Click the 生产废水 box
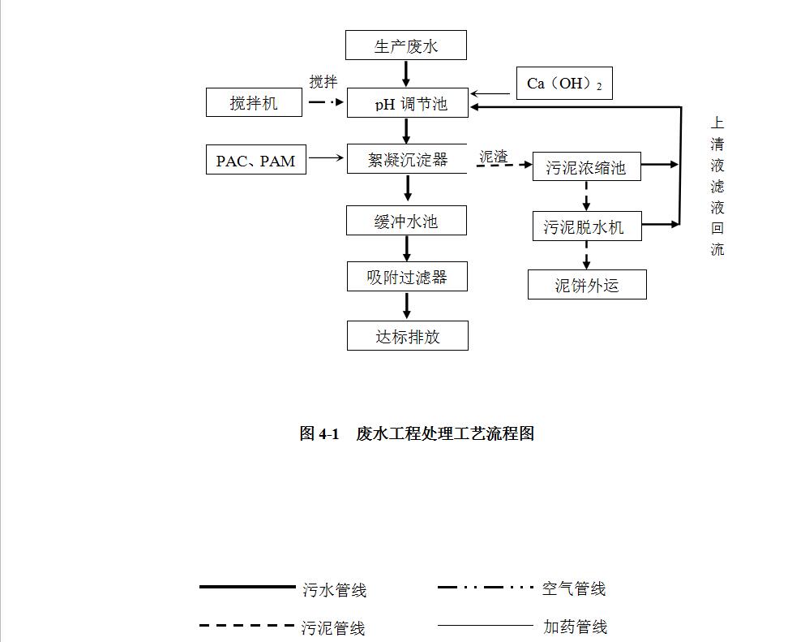click(x=405, y=45)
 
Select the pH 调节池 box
click(x=407, y=103)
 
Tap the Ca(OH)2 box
click(x=564, y=84)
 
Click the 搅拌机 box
click(x=254, y=102)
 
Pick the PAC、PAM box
click(x=255, y=160)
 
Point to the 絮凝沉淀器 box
click(x=407, y=159)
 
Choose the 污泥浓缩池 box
click(x=586, y=167)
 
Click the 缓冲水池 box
click(x=406, y=221)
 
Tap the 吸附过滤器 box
click(x=407, y=277)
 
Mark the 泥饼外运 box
click(x=587, y=285)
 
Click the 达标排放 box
click(x=407, y=336)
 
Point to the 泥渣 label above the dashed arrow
click(x=494, y=157)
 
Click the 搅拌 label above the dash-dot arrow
click(x=323, y=82)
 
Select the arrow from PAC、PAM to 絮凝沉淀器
click(x=326, y=158)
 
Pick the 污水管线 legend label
click(x=335, y=590)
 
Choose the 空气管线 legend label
click(x=574, y=588)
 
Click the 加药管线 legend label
click(x=575, y=627)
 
